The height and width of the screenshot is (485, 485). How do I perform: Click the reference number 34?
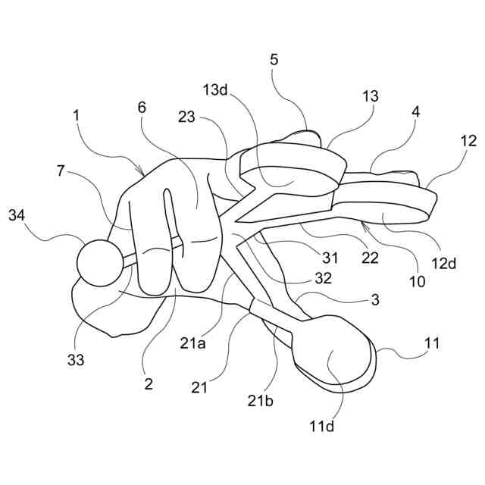coord(17,216)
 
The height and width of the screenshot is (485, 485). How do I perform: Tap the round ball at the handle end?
coord(99,263)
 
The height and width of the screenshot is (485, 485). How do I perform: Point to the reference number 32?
coord(324,278)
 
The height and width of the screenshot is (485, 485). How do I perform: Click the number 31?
coord(330,258)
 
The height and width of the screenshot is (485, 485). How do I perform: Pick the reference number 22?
coord(369,258)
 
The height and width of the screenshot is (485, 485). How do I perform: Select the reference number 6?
coord(142,107)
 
